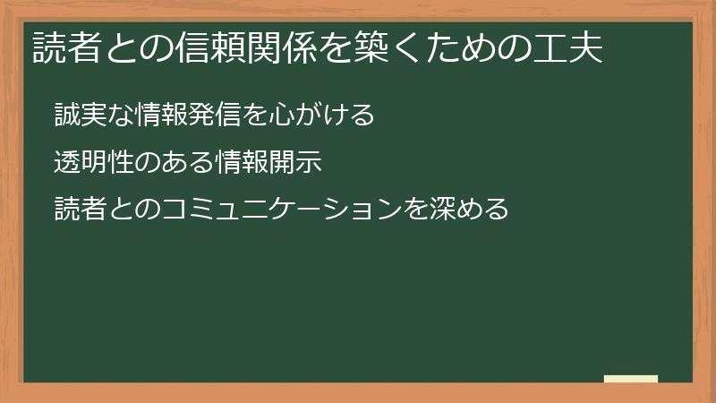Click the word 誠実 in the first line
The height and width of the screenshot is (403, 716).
(80, 116)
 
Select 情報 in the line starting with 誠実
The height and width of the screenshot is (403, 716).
(159, 116)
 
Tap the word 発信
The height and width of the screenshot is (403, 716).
(213, 116)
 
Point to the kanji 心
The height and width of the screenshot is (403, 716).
(280, 116)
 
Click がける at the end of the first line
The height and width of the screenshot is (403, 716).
(333, 116)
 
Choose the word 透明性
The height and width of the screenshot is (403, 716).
(93, 163)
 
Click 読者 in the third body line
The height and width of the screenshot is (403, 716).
(80, 210)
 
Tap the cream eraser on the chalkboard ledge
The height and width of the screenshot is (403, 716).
(630, 379)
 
